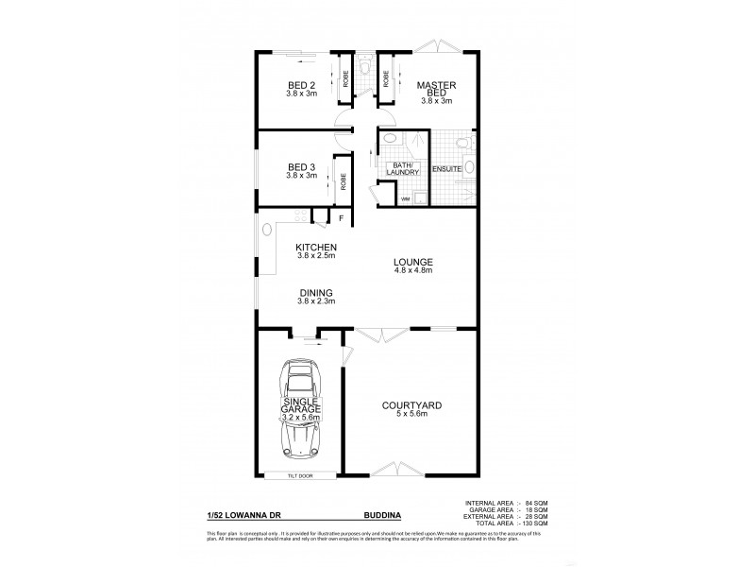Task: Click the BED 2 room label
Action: [302, 85]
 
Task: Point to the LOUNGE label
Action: [413, 262]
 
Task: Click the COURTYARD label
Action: [411, 405]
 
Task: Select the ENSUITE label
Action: [446, 168]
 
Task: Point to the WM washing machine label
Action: [405, 199]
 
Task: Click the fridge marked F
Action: [342, 218]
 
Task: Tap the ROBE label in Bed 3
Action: [344, 180]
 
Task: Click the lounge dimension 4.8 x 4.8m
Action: [413, 270]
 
